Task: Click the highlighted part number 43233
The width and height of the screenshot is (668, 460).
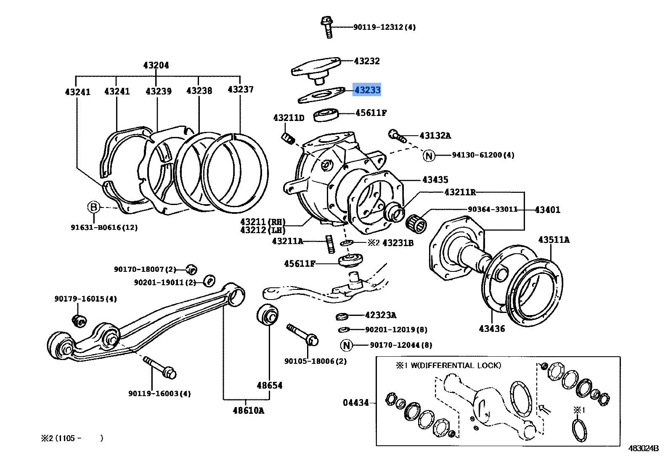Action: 367,90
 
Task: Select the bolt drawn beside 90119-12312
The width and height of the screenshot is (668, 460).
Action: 327,27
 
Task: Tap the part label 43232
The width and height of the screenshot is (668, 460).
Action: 367,61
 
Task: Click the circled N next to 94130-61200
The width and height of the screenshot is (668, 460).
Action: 428,156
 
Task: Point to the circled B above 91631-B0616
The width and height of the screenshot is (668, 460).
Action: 94,207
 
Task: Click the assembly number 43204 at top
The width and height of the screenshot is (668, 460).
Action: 156,66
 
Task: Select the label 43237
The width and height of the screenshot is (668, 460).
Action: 240,89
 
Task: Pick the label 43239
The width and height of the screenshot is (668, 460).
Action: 159,92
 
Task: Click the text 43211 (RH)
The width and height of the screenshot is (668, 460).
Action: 262,222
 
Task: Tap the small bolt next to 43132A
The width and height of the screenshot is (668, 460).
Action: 397,135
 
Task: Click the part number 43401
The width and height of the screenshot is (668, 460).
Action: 547,210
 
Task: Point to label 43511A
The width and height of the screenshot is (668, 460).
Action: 554,240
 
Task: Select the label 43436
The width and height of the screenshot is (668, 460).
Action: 492,329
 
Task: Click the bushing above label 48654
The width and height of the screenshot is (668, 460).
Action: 268,315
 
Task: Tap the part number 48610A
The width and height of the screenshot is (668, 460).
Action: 248,411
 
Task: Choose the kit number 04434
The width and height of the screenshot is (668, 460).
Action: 356,403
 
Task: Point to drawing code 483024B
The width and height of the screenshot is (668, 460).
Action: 643,448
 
